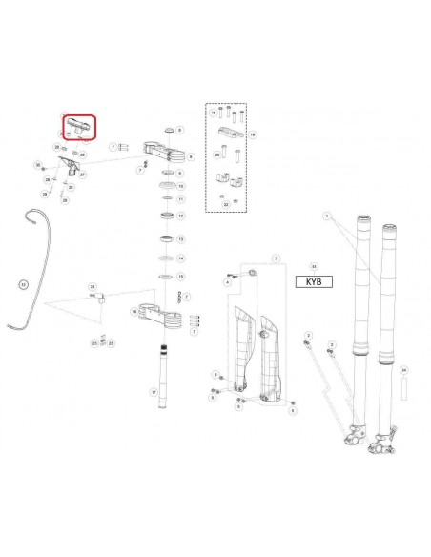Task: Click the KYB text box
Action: [x=314, y=282]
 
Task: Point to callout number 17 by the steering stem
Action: [x=154, y=392]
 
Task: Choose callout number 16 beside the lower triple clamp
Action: [x=133, y=312]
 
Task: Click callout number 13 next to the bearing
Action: [x=180, y=237]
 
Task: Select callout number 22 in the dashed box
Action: [x=225, y=203]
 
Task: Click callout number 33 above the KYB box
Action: [x=314, y=267]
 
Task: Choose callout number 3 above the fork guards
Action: [x=275, y=258]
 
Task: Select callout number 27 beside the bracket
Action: [x=83, y=175]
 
